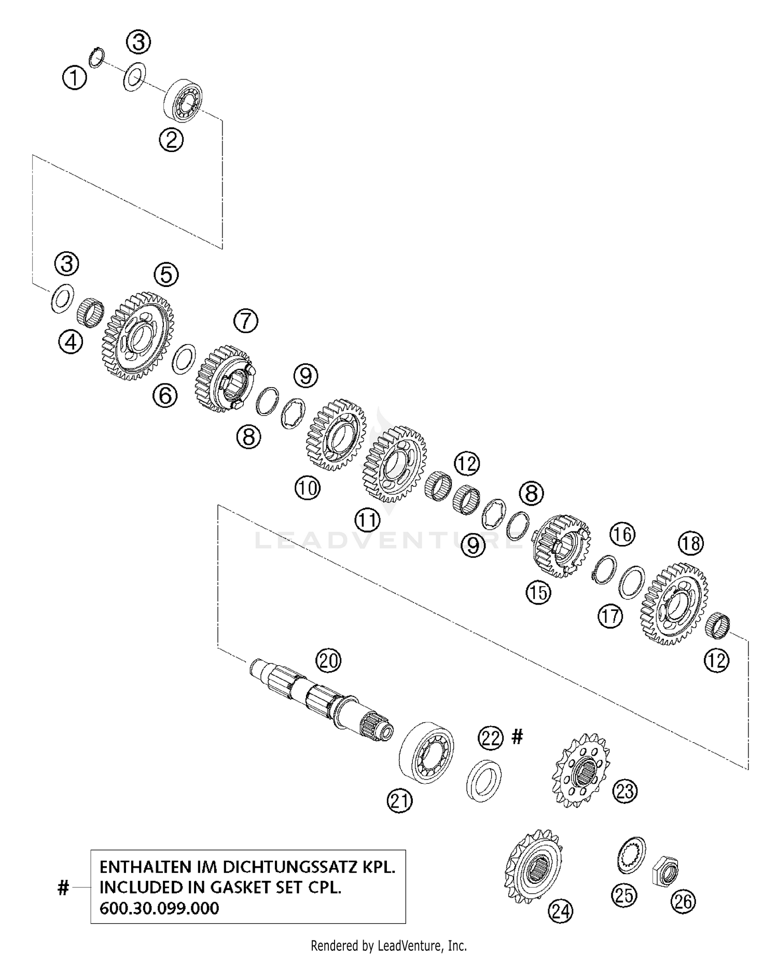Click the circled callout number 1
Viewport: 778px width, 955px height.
click(x=74, y=78)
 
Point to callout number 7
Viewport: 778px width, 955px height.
click(x=245, y=321)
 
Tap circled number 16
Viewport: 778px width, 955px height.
click(x=622, y=534)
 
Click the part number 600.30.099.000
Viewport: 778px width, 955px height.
click(x=159, y=908)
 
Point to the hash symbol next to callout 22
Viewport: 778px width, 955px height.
click(x=517, y=735)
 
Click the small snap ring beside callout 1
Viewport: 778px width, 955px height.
click(x=97, y=57)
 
